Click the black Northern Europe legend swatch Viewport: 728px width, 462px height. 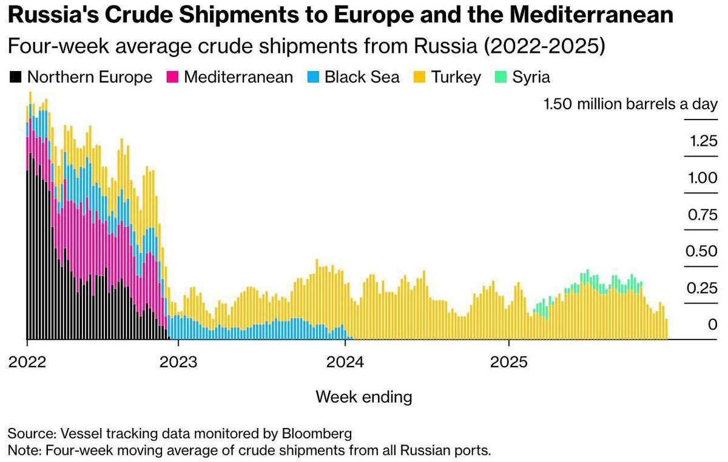tap(16, 77)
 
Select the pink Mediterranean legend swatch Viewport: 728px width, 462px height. tap(172, 77)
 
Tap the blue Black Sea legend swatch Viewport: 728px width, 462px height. tap(313, 77)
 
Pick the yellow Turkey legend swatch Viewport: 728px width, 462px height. tap(419, 77)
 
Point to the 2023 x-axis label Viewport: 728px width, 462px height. tap(178, 362)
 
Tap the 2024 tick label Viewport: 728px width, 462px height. tap(345, 362)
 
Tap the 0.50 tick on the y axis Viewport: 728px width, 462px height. tap(702, 251)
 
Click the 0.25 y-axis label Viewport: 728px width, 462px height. tap(702, 288)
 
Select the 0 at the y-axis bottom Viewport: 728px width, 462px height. tap(712, 325)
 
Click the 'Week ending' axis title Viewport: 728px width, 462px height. tap(364, 397)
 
